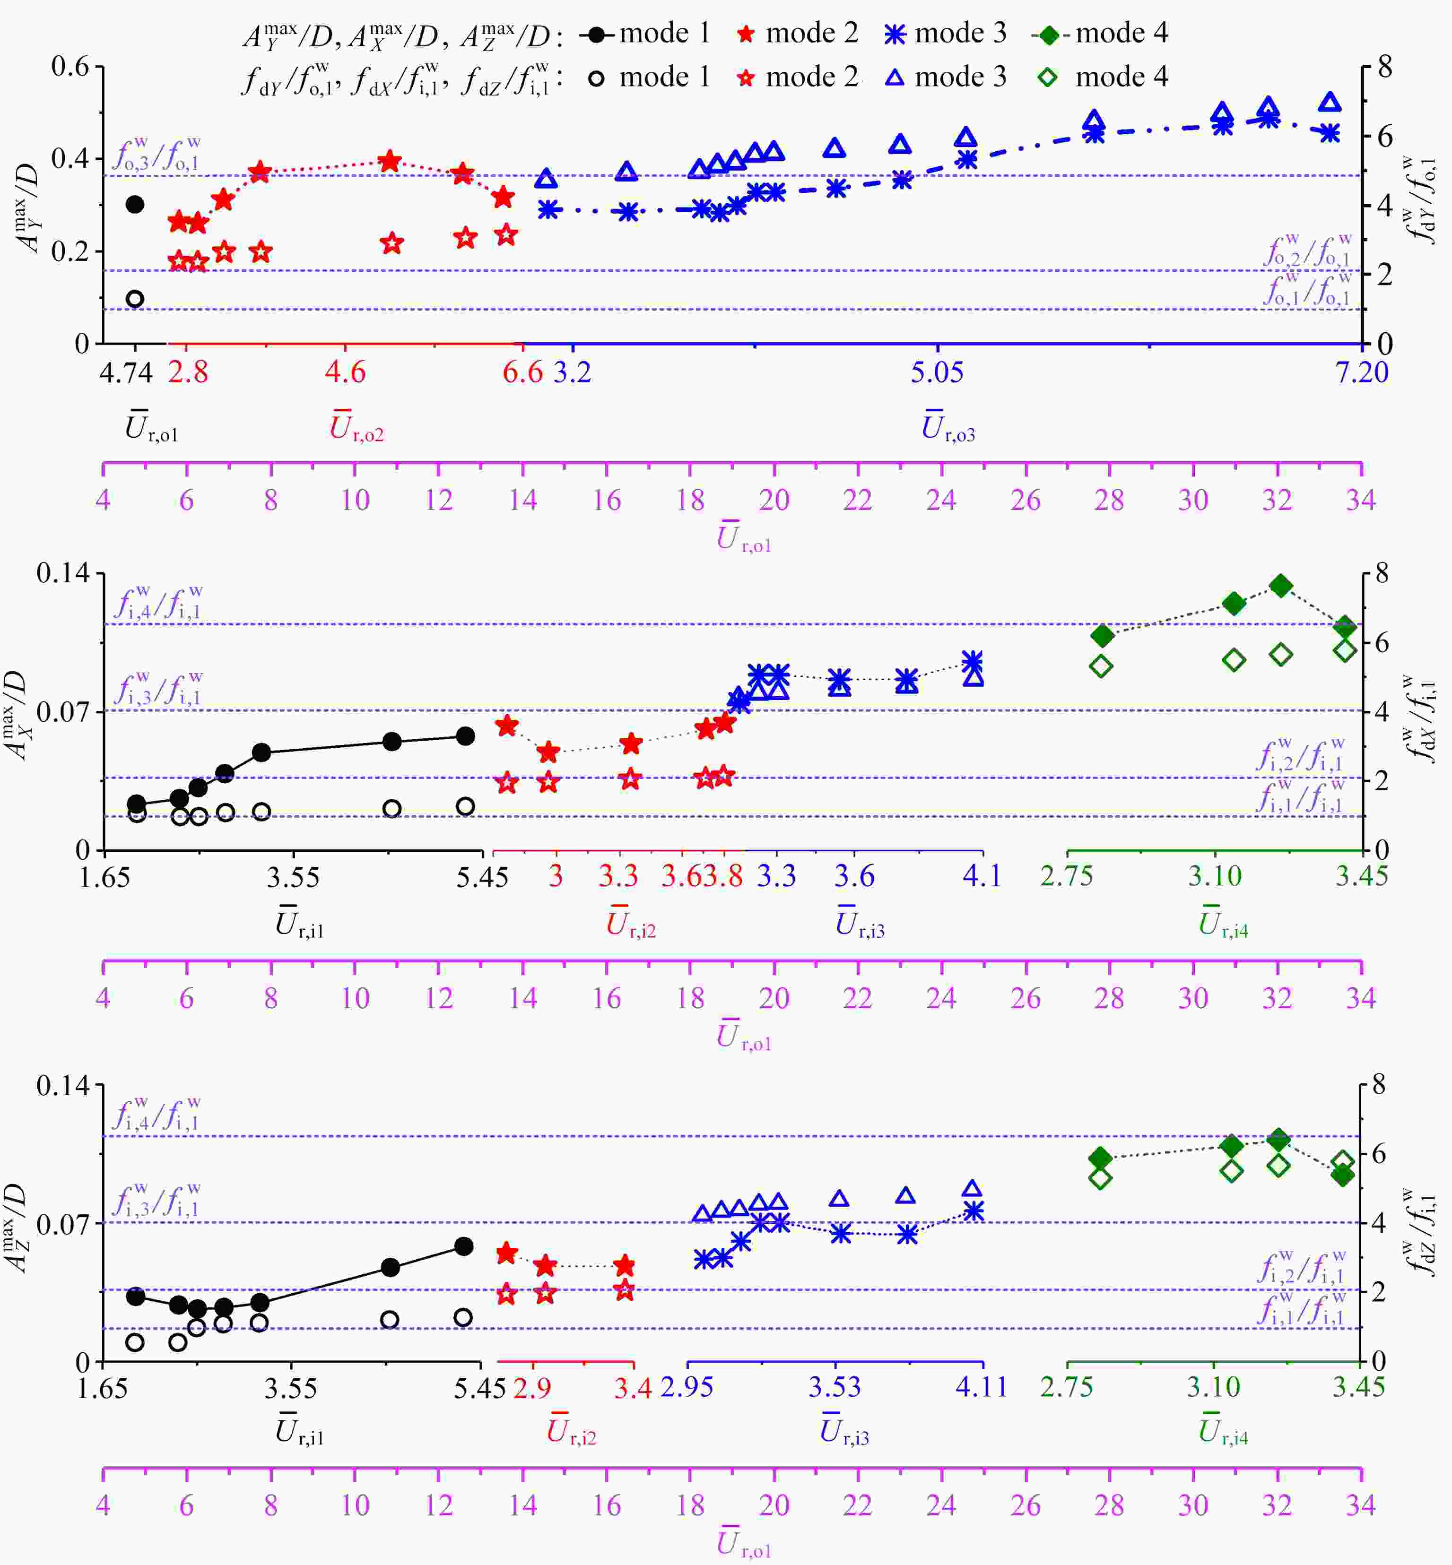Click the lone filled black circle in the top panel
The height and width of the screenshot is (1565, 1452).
(135, 204)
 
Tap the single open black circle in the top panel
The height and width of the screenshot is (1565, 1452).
(135, 299)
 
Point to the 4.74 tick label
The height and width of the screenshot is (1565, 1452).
(126, 372)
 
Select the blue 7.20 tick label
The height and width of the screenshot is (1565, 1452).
(1362, 372)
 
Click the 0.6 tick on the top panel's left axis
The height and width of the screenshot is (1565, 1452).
(71, 66)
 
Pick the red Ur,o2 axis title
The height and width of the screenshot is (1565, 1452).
(356, 428)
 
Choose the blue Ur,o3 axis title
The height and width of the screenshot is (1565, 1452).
(948, 428)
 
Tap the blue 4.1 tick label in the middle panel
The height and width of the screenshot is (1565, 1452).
(982, 875)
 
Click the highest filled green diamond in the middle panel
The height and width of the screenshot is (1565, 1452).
(1281, 585)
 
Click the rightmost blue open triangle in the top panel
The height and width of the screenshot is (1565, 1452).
(1330, 102)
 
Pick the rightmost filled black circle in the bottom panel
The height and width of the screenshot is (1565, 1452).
(463, 1246)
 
